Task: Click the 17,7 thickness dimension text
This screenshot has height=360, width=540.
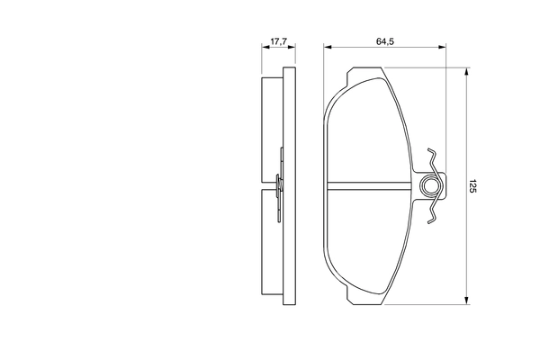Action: pyautogui.click(x=278, y=41)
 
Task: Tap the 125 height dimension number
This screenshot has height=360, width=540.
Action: pyautogui.click(x=473, y=186)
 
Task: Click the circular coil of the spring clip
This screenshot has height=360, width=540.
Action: pyautogui.click(x=432, y=186)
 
